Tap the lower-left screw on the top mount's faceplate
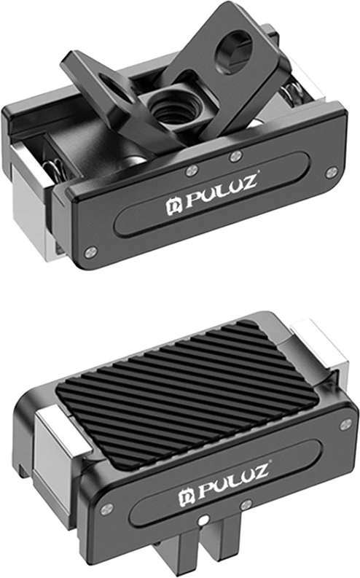[90, 252]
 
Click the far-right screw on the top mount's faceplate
[332, 172]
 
